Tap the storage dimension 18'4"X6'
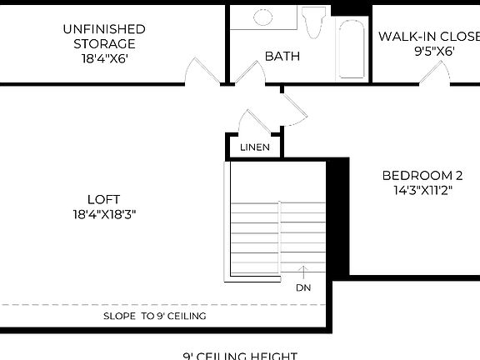[103, 59]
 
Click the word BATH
[282, 57]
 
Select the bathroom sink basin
[262, 17]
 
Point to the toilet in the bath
[314, 22]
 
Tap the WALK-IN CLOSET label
[428, 36]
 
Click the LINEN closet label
[254, 147]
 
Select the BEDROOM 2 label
[422, 175]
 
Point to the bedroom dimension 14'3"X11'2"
[422, 190]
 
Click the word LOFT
[103, 199]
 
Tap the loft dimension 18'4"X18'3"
[103, 214]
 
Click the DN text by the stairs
[302, 287]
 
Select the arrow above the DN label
[302, 272]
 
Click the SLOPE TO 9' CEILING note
[154, 316]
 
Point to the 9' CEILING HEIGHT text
[240, 356]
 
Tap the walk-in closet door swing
[435, 73]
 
